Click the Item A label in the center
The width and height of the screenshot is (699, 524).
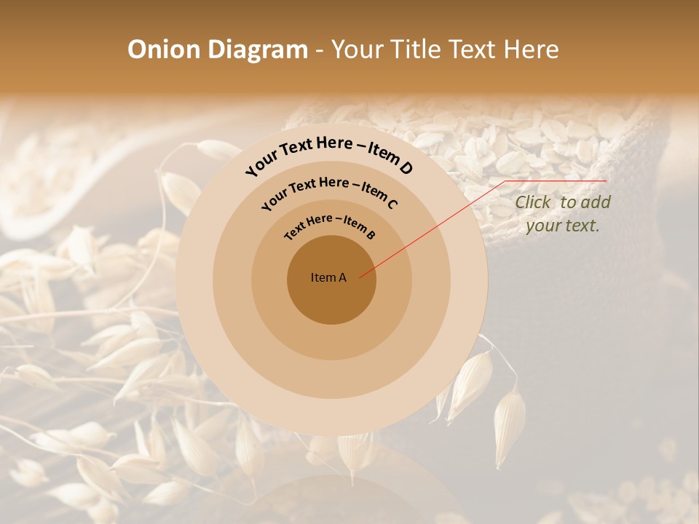tap(328, 277)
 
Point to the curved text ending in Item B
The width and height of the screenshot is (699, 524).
tap(329, 225)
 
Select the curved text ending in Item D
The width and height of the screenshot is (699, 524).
tap(329, 154)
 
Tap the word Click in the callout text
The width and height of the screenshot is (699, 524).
tap(534, 202)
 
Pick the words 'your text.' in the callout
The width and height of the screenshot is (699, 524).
tap(563, 226)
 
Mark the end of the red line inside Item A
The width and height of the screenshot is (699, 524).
tap(360, 277)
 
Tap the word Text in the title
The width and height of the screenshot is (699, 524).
tap(470, 49)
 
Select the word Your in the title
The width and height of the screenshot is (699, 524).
tap(359, 49)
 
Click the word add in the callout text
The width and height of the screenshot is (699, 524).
tap(596, 202)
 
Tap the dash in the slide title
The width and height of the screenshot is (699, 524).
tap(320, 50)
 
